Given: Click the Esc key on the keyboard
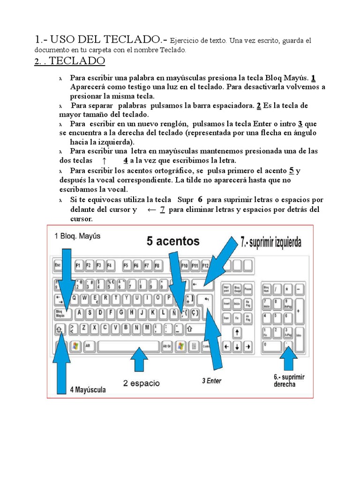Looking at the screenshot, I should click(58, 265).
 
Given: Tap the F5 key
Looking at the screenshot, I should click(126, 265).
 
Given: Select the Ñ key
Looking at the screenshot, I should click(174, 313).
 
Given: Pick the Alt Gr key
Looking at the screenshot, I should click(166, 346).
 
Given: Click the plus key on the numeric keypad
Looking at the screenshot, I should click(299, 310).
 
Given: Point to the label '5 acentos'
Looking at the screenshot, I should click(173, 241).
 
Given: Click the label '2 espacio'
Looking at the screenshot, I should click(142, 383).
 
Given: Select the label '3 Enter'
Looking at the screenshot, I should click(211, 381).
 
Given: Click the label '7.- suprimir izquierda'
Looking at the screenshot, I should click(271, 243).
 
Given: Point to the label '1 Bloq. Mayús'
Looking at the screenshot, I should click(77, 235).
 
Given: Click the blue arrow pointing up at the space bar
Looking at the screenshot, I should click(139, 360).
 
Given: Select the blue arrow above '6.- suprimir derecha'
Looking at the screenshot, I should click(289, 359).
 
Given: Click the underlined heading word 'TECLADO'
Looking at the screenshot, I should click(77, 61).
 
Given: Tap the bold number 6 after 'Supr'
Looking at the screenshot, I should click(200, 200).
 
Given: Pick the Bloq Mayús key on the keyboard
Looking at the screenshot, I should click(61, 314).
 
